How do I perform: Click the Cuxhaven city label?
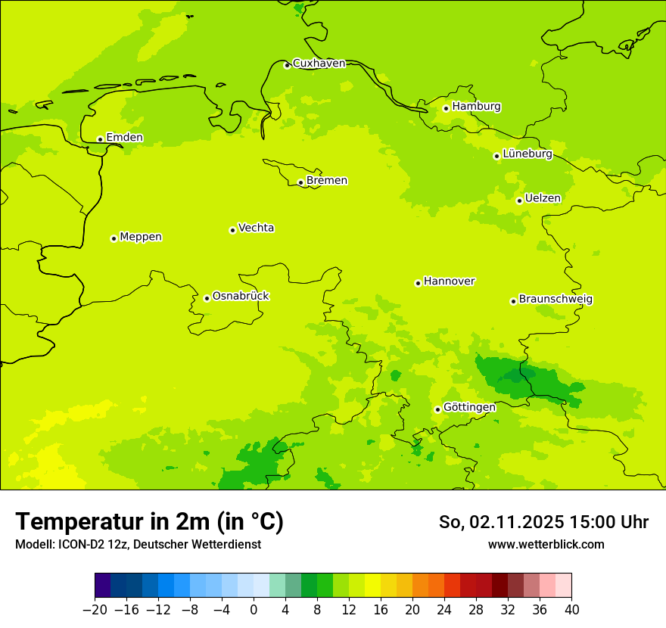click(x=319, y=64)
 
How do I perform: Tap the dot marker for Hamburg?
click(x=446, y=108)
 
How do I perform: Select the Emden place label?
click(x=124, y=138)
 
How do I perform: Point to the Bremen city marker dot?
click(x=300, y=182)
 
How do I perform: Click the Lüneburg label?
click(x=528, y=154)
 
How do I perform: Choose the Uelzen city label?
click(x=543, y=199)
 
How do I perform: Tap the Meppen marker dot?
click(x=114, y=238)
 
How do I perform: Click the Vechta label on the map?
click(x=256, y=228)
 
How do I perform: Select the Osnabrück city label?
click(x=241, y=297)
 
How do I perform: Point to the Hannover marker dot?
click(x=418, y=283)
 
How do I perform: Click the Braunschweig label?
click(x=556, y=300)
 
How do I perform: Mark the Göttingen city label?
click(x=469, y=408)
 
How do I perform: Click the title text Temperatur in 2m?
click(x=149, y=522)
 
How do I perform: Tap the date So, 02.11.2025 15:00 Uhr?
click(x=543, y=522)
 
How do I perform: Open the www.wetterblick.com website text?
click(x=546, y=544)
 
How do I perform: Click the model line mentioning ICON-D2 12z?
click(x=138, y=544)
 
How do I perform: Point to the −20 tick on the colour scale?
click(x=95, y=610)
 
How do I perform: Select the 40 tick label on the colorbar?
click(x=571, y=610)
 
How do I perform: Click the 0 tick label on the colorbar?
click(x=254, y=610)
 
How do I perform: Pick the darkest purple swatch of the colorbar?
click(x=103, y=585)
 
